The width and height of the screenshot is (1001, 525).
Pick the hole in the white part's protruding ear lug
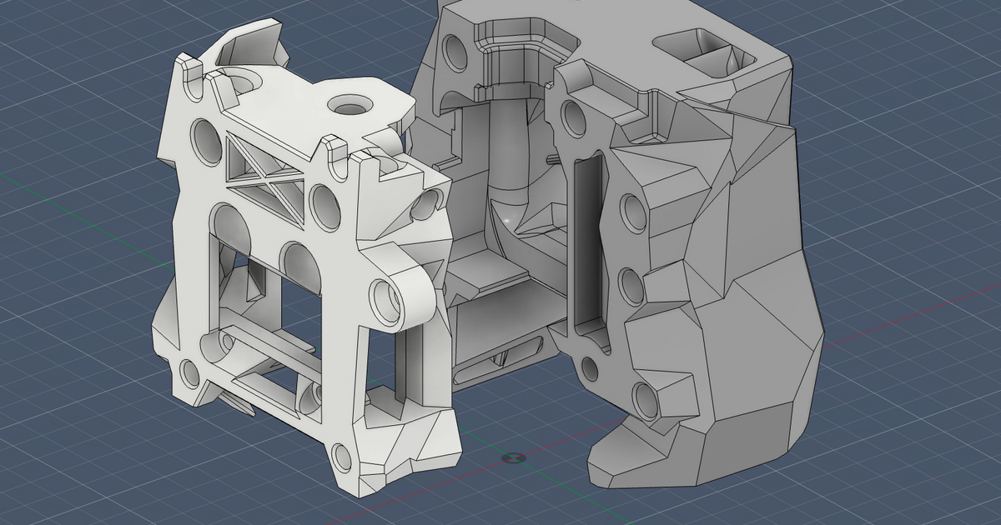pyautogui.click(x=385, y=297)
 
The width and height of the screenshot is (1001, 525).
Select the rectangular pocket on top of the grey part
pyautogui.click(x=706, y=52)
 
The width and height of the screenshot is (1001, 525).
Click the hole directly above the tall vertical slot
pyautogui.click(x=575, y=117)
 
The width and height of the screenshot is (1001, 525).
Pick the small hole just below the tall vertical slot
pyautogui.click(x=590, y=367)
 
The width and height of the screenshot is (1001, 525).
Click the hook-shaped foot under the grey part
pyautogui.click(x=621, y=454)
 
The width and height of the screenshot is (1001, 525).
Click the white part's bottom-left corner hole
pyautogui.click(x=189, y=372)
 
